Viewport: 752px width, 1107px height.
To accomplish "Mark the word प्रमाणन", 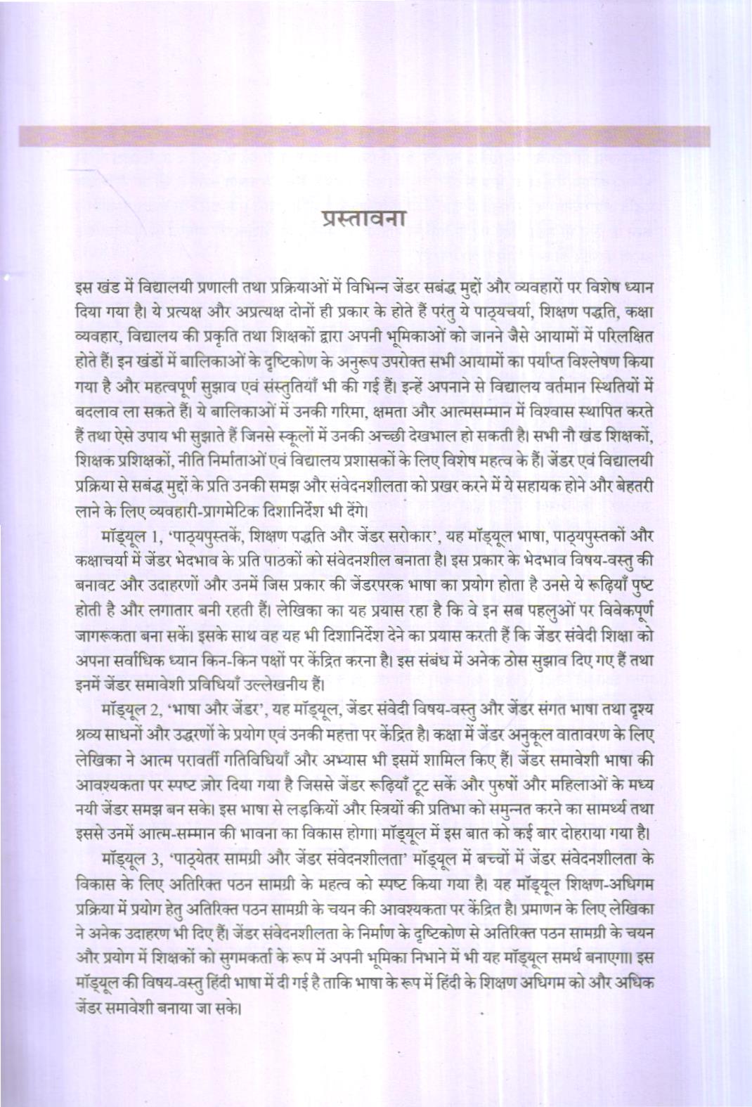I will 542,909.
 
